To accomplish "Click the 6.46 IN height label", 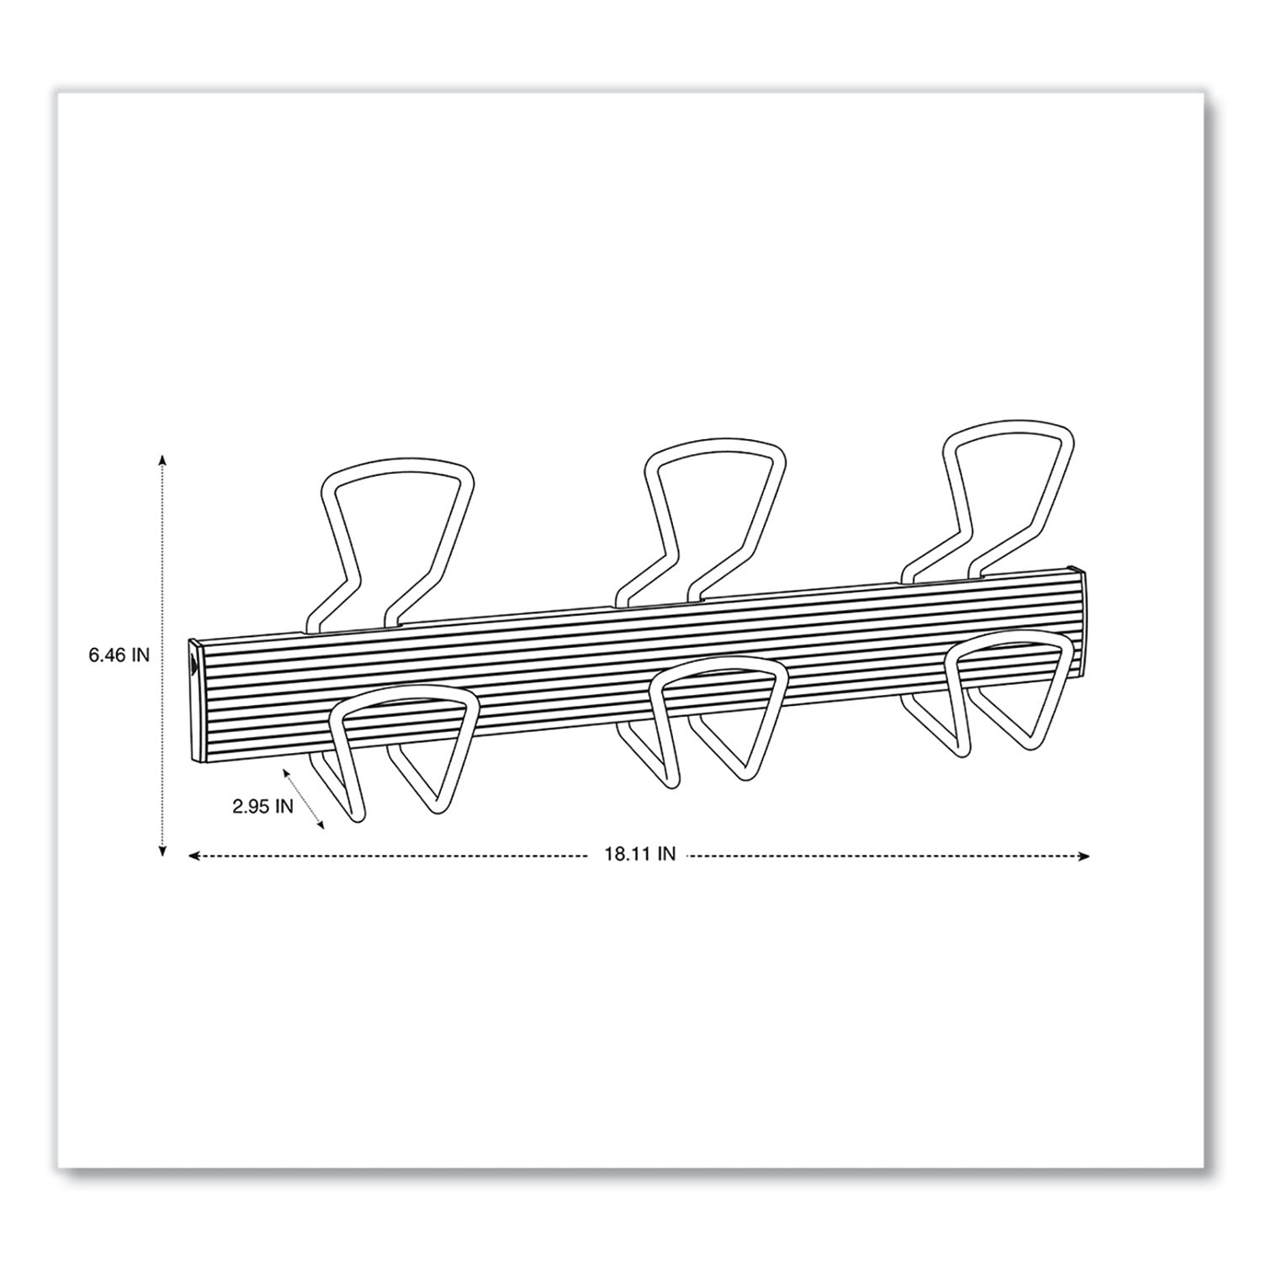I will (119, 655).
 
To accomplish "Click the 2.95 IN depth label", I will (262, 805).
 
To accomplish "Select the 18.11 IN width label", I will (639, 855).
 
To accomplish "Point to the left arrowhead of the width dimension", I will (193, 856).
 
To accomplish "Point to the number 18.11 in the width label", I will (621, 855).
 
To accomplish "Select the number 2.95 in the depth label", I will (251, 805).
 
